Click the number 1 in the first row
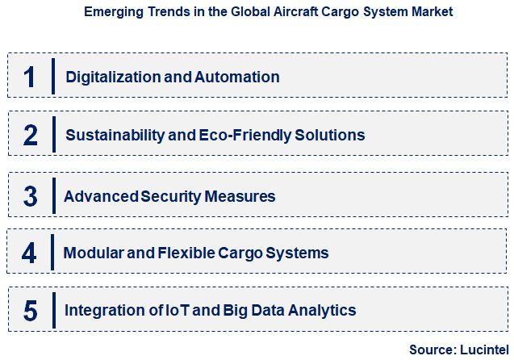pyautogui.click(x=30, y=77)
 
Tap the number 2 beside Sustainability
pyautogui.click(x=30, y=135)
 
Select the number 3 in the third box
pyautogui.click(x=30, y=196)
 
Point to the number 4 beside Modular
pyautogui.click(x=30, y=253)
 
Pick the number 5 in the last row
pyautogui.click(x=30, y=310)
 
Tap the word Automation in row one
pyautogui.click(x=239, y=77)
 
